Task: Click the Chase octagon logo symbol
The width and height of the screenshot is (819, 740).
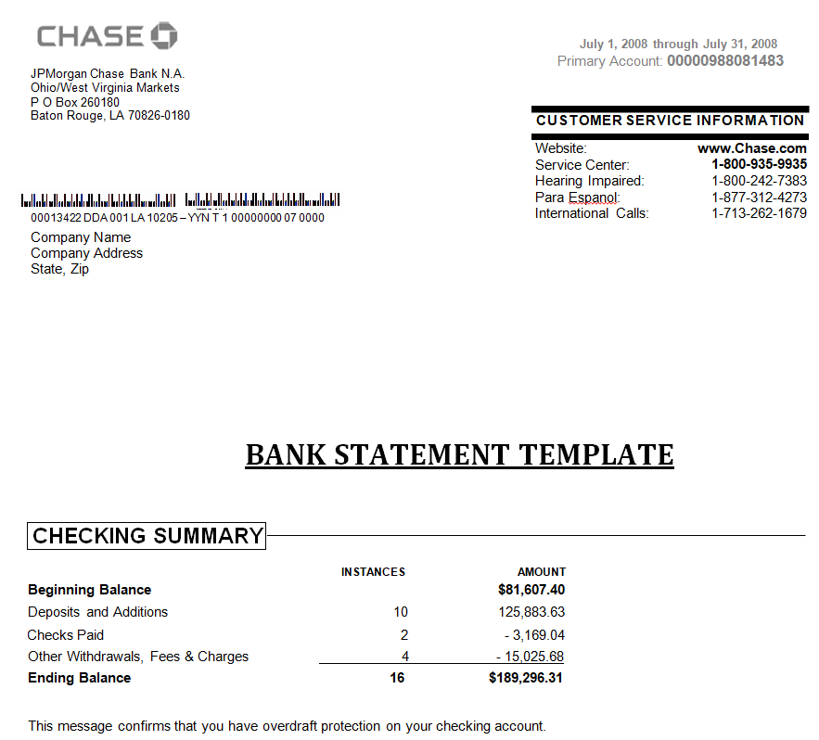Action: coord(163,36)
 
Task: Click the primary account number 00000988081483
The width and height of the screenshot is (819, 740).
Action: coord(724,61)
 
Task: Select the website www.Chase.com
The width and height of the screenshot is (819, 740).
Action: coord(751,148)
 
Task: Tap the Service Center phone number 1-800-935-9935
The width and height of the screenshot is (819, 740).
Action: coord(759,165)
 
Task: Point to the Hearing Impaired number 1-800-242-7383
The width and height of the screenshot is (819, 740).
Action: coord(759,181)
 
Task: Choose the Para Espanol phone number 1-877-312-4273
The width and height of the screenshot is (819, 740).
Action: coord(759,198)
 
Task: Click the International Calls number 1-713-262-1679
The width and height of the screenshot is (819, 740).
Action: coord(759,213)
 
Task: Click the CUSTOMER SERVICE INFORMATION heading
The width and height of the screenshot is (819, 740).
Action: coord(670,121)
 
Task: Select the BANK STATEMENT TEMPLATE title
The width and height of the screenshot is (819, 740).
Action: coord(459,454)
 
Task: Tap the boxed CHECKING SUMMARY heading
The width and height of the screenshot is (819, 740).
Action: coord(147,536)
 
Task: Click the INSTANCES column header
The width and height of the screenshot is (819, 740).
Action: coord(373,572)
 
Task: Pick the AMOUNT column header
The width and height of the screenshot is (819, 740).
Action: coord(541,572)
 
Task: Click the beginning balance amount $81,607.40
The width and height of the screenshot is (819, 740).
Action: coord(531,590)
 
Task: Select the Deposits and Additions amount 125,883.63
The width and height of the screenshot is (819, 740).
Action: coord(531,612)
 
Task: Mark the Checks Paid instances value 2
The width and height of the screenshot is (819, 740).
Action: coord(403,635)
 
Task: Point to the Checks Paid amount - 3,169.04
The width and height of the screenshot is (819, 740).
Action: coord(535,635)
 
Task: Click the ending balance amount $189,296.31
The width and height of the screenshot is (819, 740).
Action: coord(526,678)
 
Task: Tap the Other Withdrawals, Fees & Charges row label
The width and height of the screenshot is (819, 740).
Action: coord(138,657)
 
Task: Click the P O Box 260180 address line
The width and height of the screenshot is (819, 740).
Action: coord(75,102)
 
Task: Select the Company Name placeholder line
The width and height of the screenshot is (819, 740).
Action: coord(81,237)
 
